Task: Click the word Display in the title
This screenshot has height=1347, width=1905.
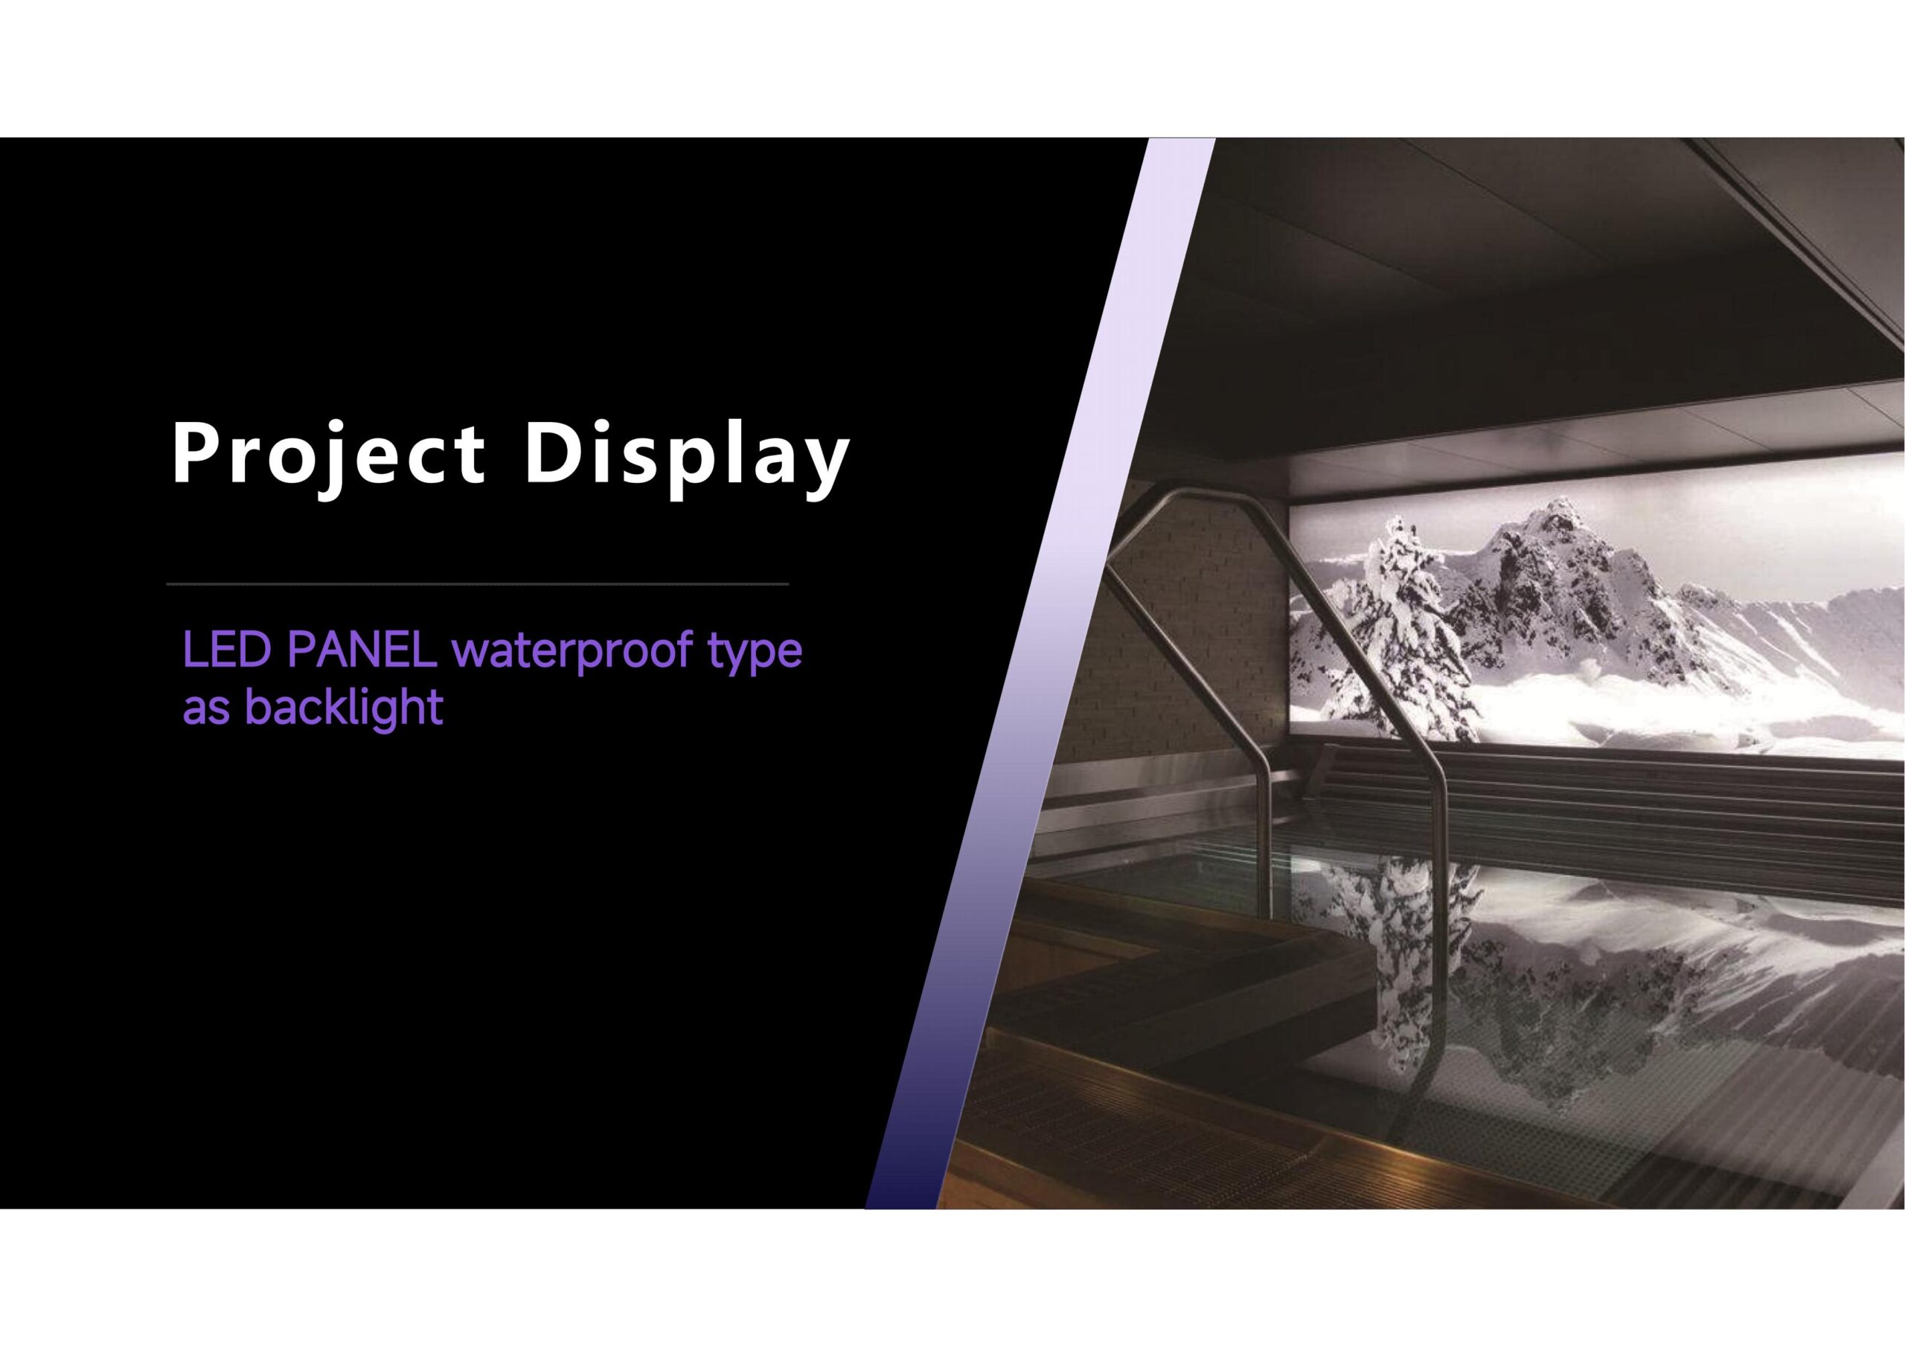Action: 685,455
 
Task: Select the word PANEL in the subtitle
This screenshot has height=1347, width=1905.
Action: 362,651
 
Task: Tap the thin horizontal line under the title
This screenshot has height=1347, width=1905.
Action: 477,584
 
